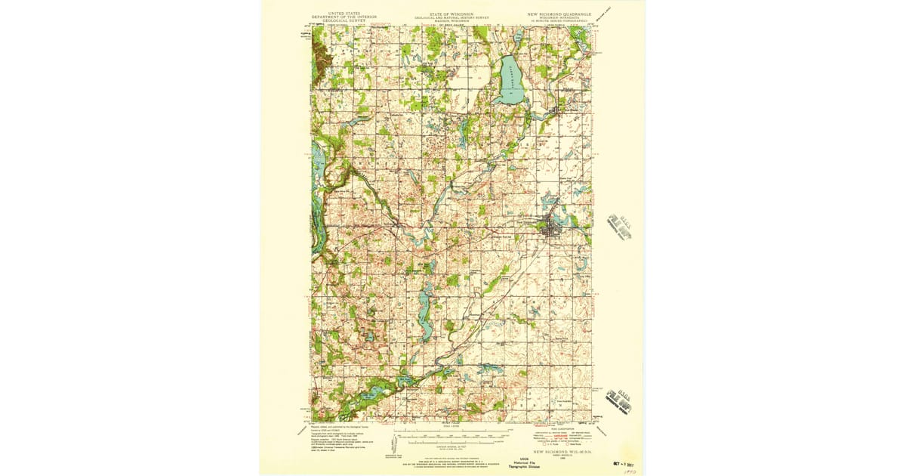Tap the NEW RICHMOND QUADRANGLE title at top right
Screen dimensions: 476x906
(559, 14)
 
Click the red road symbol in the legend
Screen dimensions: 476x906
(560, 436)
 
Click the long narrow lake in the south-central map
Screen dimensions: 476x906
(425, 317)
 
